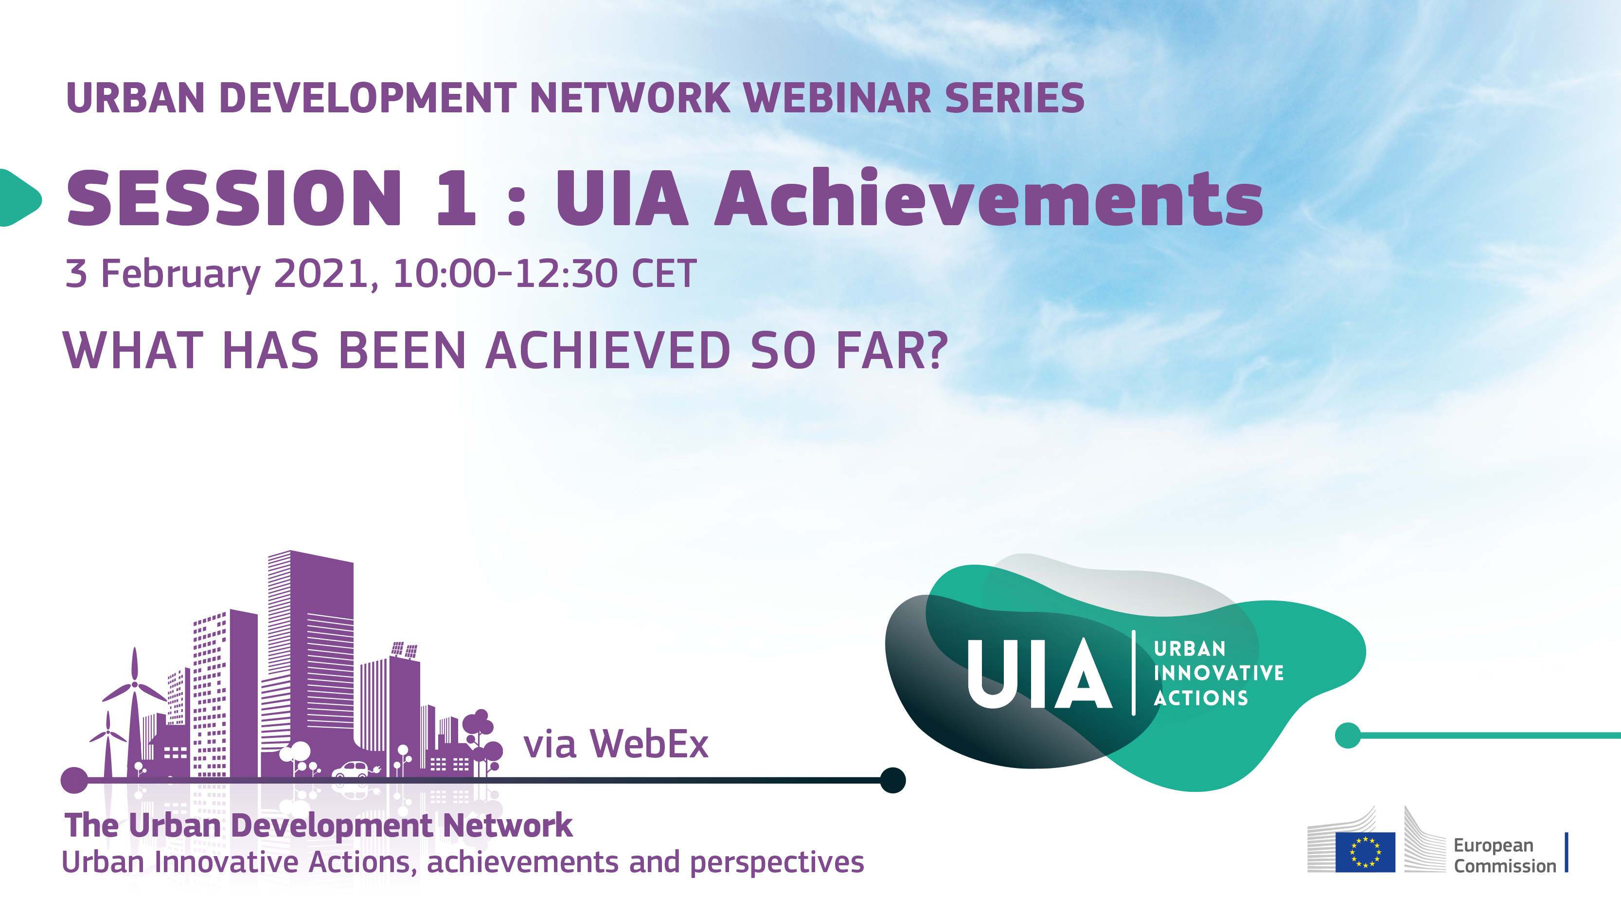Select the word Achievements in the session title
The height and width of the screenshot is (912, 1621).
click(988, 198)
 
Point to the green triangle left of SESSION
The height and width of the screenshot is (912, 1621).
click(19, 197)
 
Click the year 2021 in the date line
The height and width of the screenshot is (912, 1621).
click(321, 274)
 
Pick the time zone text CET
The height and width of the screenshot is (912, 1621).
click(664, 274)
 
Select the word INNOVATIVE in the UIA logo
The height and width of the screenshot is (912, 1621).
click(1218, 673)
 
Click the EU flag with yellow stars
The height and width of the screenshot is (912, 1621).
click(1365, 852)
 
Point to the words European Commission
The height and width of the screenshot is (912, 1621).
click(1504, 856)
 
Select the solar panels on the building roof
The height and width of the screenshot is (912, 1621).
click(404, 649)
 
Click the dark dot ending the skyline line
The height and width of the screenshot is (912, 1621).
click(892, 781)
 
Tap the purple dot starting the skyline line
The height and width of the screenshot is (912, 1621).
click(74, 781)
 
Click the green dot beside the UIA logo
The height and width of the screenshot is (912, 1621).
click(1347, 735)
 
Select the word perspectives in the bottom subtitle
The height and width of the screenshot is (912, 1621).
click(777, 862)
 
